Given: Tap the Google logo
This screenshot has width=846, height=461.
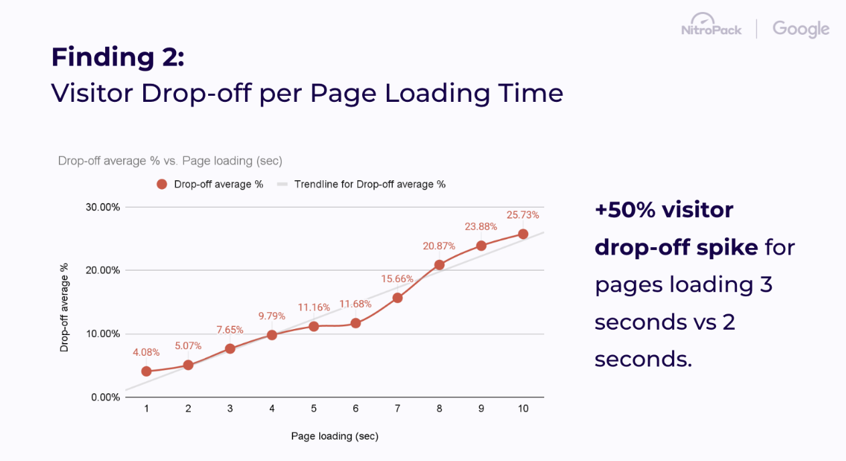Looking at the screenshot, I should point(800,29).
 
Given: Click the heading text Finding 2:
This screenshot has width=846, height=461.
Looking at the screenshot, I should point(117,57).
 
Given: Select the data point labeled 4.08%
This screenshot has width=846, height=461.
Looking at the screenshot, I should point(147,371).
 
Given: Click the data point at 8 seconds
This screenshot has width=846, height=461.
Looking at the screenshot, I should point(439,265).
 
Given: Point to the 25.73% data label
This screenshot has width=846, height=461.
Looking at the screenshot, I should point(523,215).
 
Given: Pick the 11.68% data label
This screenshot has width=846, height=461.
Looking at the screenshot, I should point(355,304).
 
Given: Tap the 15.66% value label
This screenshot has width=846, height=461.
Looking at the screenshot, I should point(398,279).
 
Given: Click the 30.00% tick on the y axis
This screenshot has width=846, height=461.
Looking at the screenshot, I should point(102,207).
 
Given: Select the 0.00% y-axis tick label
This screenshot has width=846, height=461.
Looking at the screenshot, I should point(105,397).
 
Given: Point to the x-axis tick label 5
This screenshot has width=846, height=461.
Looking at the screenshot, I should point(313,409).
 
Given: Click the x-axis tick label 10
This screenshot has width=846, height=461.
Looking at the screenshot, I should point(523,409).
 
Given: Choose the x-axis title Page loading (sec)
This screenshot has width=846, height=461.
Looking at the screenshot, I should point(335,436).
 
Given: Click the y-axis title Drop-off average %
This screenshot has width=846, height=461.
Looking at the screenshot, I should point(64,308).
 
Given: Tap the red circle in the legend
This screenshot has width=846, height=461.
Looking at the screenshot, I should point(161,184).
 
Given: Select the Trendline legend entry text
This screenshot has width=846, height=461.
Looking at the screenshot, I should point(370,184).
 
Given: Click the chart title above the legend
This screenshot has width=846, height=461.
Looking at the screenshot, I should point(170,161).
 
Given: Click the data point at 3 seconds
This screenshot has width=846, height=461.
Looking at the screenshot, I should point(230,348).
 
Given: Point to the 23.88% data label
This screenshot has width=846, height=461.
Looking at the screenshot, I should point(481,226).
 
